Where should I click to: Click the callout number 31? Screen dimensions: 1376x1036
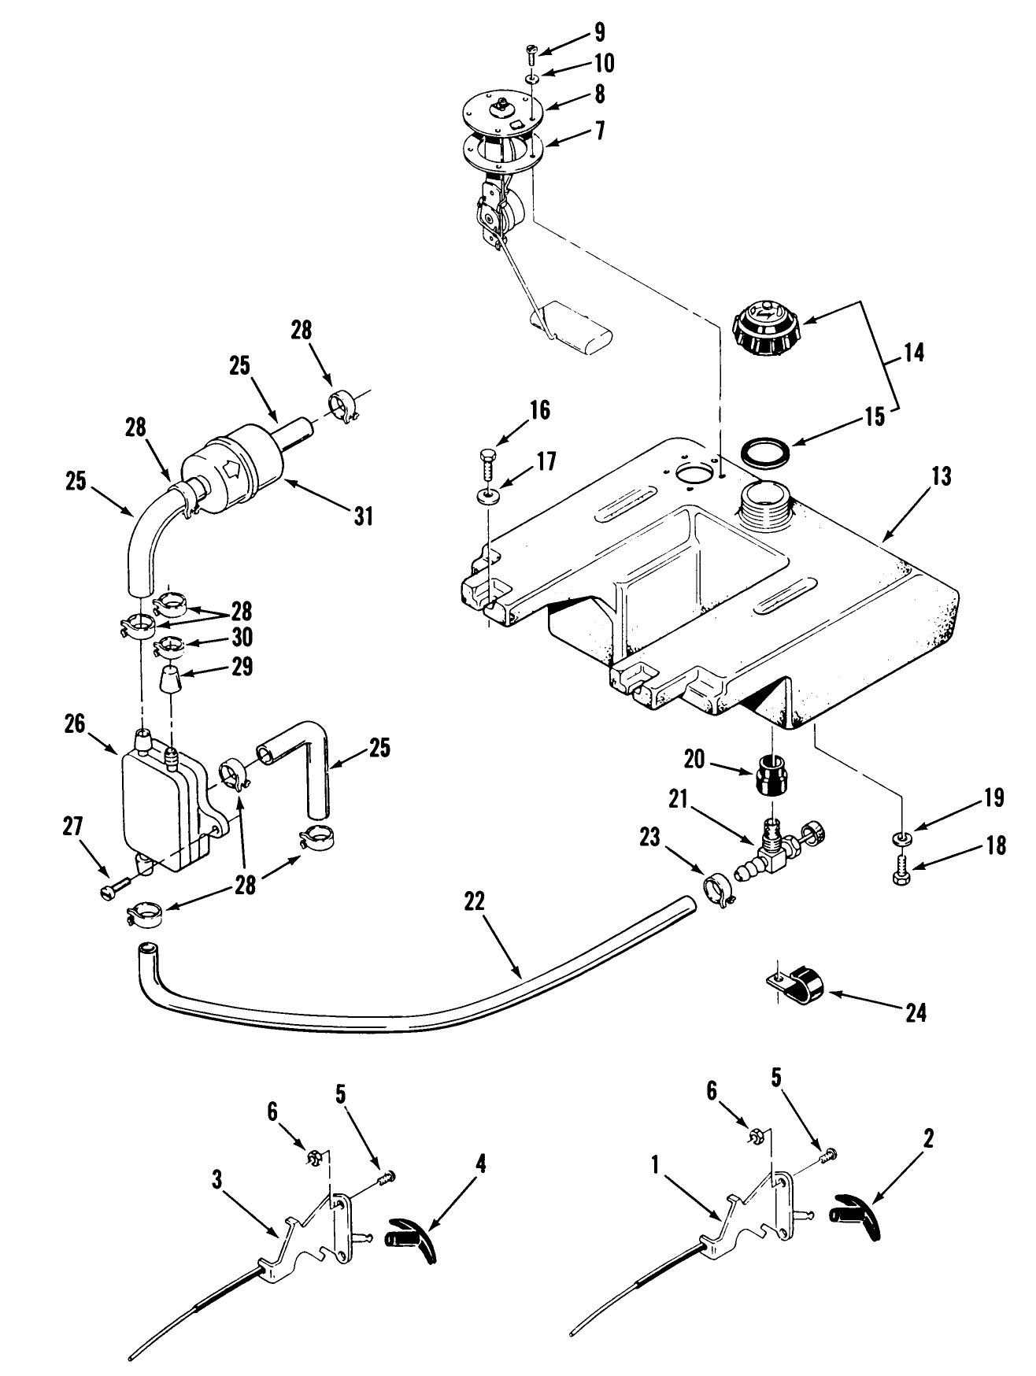tap(362, 516)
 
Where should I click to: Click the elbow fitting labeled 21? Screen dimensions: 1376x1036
tap(771, 853)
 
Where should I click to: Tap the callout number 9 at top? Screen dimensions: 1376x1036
tap(600, 33)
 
